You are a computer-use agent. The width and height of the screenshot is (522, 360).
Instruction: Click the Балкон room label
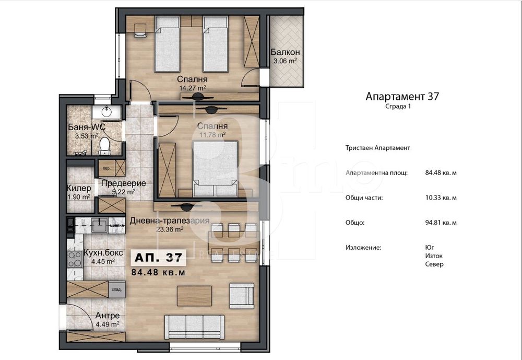coord(285,52)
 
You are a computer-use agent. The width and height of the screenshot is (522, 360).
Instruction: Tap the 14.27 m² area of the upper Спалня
coord(191,88)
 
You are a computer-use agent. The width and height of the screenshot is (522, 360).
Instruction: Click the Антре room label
coord(108,316)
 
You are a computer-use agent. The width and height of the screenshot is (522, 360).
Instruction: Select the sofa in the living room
coord(194,326)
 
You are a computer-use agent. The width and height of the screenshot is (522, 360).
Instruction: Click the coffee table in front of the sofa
coord(194,296)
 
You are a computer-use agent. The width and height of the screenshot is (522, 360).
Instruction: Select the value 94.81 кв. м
coord(441,222)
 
